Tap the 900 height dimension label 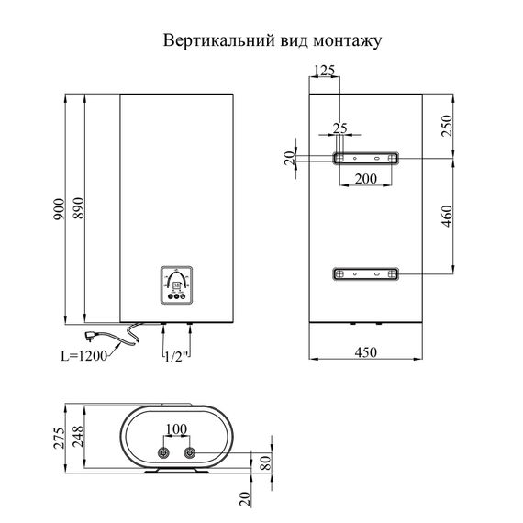[x=60, y=209]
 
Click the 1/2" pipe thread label [x=176, y=355]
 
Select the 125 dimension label [x=324, y=72]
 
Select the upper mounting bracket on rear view [x=365, y=159]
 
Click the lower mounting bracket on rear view [x=365, y=273]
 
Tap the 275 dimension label [x=60, y=439]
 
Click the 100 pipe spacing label [x=176, y=429]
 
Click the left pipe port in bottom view [x=163, y=453]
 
